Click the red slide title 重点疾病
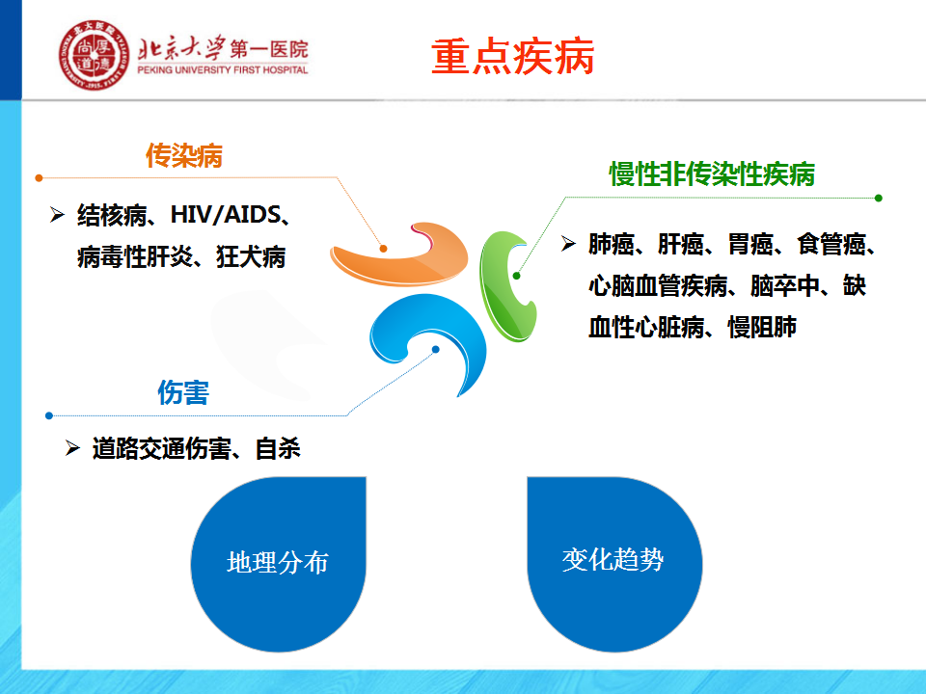(512, 57)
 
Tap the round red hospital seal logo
(94, 55)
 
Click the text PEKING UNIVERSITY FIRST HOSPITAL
(223, 69)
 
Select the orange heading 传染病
(184, 156)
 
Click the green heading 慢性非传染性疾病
(712, 174)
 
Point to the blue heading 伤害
(183, 392)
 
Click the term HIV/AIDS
(225, 215)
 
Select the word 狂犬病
(251, 256)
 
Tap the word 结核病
(112, 215)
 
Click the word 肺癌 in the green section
(612, 244)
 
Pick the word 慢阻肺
(762, 327)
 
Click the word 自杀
(278, 448)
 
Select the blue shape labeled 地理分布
(278, 564)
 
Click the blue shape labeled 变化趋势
(614, 564)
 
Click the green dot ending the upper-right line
(878, 198)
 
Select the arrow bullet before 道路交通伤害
(72, 448)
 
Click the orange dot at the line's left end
(39, 177)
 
